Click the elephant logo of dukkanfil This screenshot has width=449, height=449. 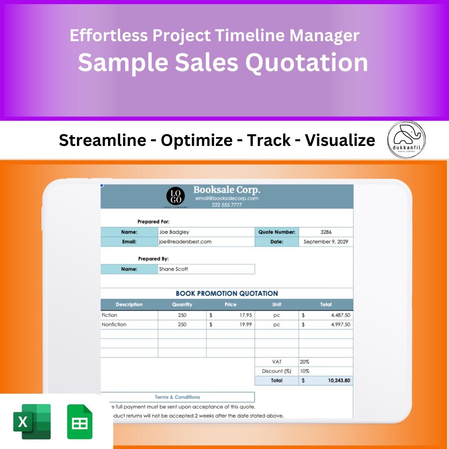406,139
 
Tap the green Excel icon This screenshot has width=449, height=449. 32,422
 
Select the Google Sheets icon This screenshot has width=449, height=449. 80,422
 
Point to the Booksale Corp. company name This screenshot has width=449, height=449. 227,190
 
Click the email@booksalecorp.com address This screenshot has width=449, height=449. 227,198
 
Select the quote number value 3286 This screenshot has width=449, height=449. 326,232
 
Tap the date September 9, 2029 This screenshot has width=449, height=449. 326,242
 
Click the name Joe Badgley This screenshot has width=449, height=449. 174,232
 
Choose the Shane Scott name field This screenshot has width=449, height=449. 173,269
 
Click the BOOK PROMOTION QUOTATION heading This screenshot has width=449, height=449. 227,294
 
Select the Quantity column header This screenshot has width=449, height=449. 182,304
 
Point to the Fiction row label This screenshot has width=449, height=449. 110,315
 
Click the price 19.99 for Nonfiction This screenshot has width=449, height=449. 246,324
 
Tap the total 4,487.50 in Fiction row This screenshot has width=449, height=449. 340,315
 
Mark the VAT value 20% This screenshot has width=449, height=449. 304,362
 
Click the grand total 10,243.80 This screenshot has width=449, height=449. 339,380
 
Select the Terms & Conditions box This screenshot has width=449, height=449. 178,397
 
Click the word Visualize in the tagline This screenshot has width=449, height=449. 340,141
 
